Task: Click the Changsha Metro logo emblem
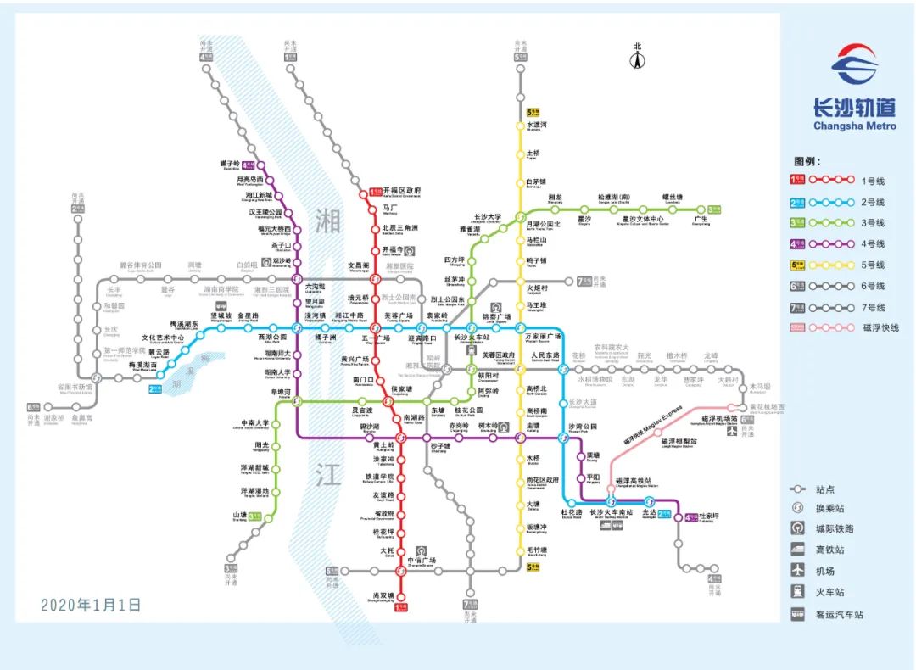pos(853,67)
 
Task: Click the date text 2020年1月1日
pos(91,606)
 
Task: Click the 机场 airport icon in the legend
pos(798,572)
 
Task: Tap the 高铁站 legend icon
pos(798,550)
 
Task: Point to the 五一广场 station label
pos(375,338)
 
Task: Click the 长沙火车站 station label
pos(467,338)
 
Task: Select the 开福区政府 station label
pos(402,191)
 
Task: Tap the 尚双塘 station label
pos(380,596)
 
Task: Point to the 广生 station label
pos(701,219)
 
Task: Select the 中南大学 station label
pos(254,423)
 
